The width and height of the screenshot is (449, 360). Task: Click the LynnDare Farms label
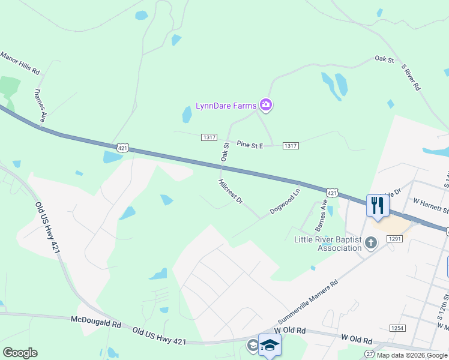point(226,106)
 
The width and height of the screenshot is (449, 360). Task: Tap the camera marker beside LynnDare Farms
point(266,106)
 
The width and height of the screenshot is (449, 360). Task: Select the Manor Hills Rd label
point(20,63)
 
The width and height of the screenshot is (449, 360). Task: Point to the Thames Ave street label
point(40,106)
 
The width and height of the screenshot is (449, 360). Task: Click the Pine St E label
point(250,145)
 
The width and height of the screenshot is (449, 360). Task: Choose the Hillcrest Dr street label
point(231,191)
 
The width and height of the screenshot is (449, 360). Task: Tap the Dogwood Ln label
point(285,202)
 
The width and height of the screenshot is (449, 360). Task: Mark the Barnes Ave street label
point(322,215)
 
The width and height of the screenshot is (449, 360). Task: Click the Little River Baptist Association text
point(328,244)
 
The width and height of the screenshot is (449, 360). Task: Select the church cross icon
point(372,242)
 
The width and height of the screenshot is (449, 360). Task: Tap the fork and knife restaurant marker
point(378,205)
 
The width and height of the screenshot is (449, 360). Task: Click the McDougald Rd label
point(96,323)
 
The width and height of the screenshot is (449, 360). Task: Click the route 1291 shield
point(394,239)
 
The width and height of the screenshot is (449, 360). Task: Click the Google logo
point(20,353)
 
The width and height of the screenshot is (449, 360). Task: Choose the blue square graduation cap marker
point(270,345)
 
